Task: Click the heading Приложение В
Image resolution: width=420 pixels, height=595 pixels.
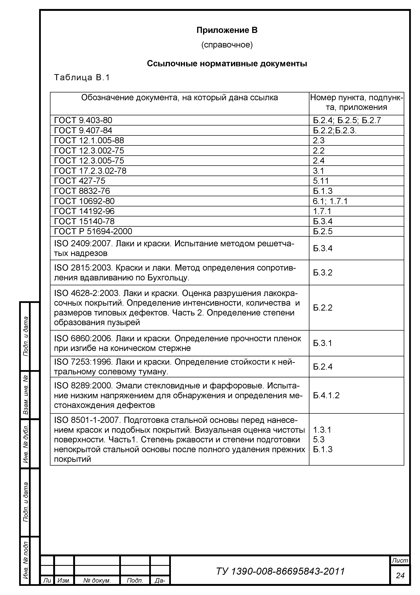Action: pyautogui.click(x=227, y=30)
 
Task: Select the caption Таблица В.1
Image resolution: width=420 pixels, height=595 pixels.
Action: pyautogui.click(x=82, y=78)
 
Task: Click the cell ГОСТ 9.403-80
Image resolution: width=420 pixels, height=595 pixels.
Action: pyautogui.click(x=83, y=120)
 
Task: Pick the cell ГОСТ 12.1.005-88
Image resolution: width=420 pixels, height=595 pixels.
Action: pyautogui.click(x=89, y=140)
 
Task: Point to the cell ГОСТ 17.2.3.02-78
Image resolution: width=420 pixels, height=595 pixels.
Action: pyautogui.click(x=90, y=171)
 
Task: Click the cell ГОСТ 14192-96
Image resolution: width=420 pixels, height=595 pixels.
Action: pyautogui.click(x=84, y=211)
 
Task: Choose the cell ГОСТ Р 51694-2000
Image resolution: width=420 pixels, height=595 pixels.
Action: pyautogui.click(x=93, y=231)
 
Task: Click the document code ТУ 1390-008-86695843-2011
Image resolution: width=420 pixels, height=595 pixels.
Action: pyautogui.click(x=280, y=571)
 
